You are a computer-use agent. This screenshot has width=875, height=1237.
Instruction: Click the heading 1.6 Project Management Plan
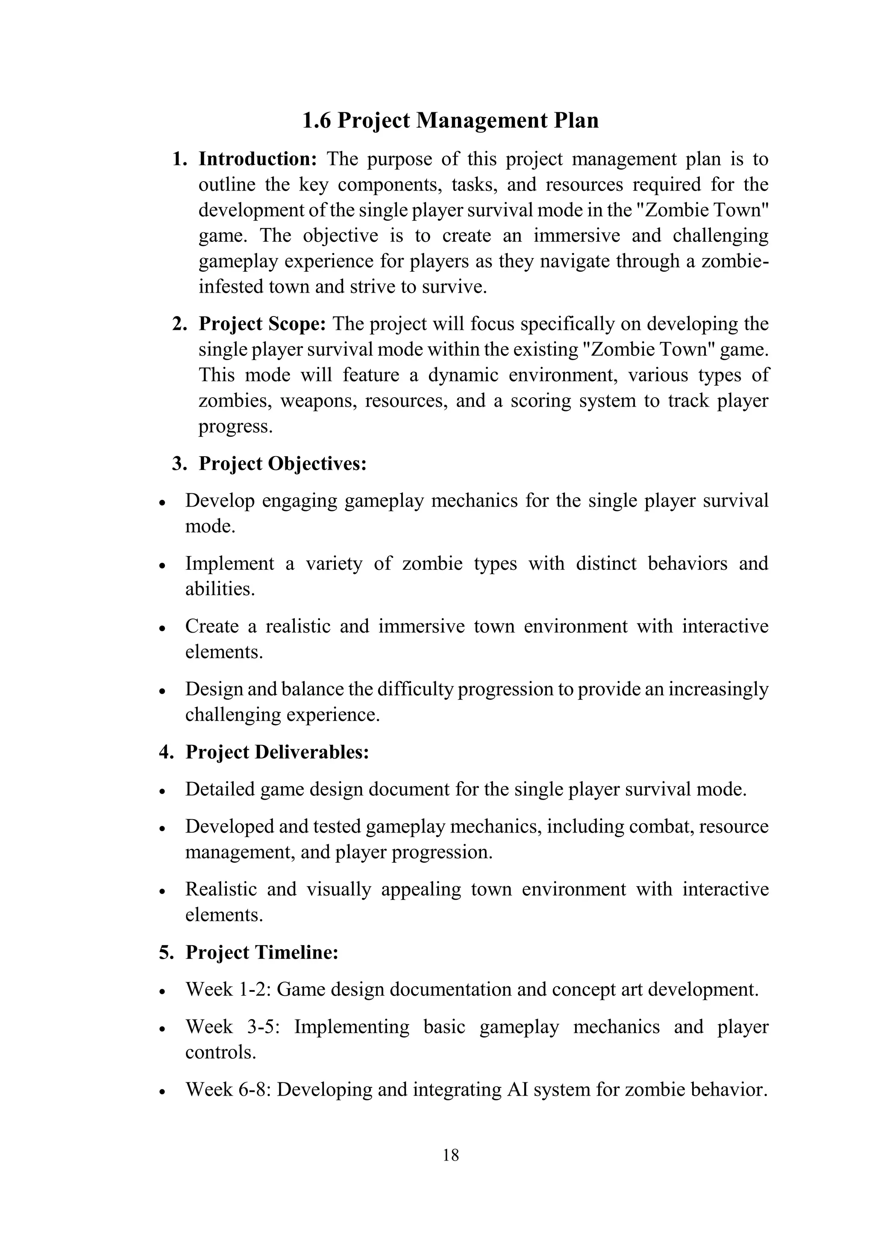click(x=450, y=120)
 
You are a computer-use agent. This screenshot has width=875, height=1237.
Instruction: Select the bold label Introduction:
click(x=258, y=159)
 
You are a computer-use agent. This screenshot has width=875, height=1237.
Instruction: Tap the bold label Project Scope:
click(x=262, y=324)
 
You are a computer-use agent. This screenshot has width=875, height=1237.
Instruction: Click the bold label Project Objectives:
click(x=282, y=464)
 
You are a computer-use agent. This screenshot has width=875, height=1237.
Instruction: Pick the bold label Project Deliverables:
click(x=277, y=752)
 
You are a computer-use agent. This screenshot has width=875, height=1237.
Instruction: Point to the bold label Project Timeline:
click(x=262, y=953)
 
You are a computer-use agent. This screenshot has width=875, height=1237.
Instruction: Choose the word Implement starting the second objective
click(x=229, y=563)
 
